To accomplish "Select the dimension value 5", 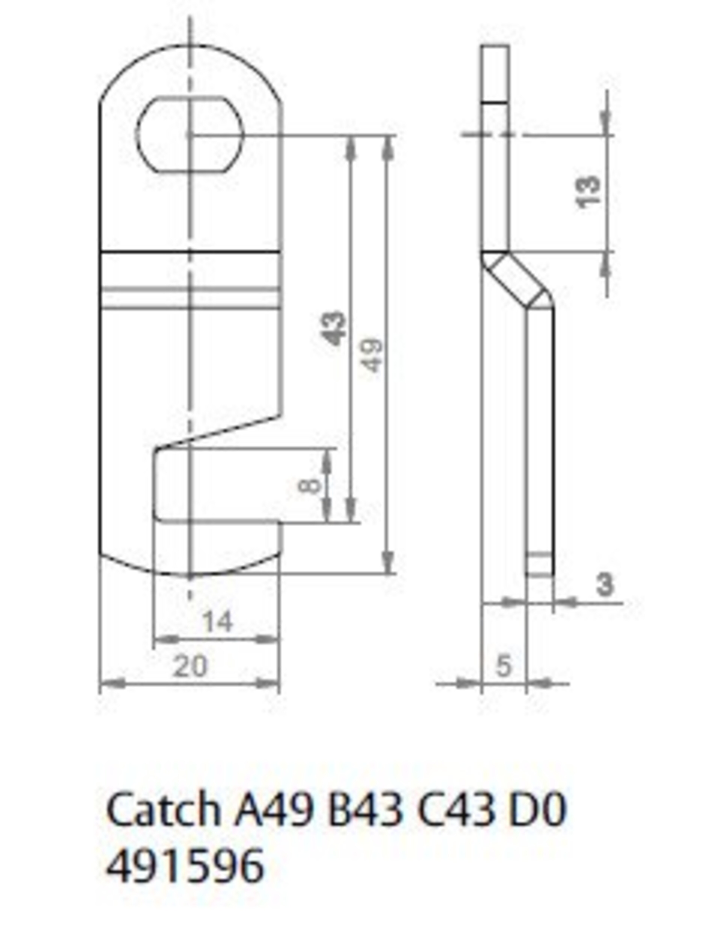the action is coord(504,666).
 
